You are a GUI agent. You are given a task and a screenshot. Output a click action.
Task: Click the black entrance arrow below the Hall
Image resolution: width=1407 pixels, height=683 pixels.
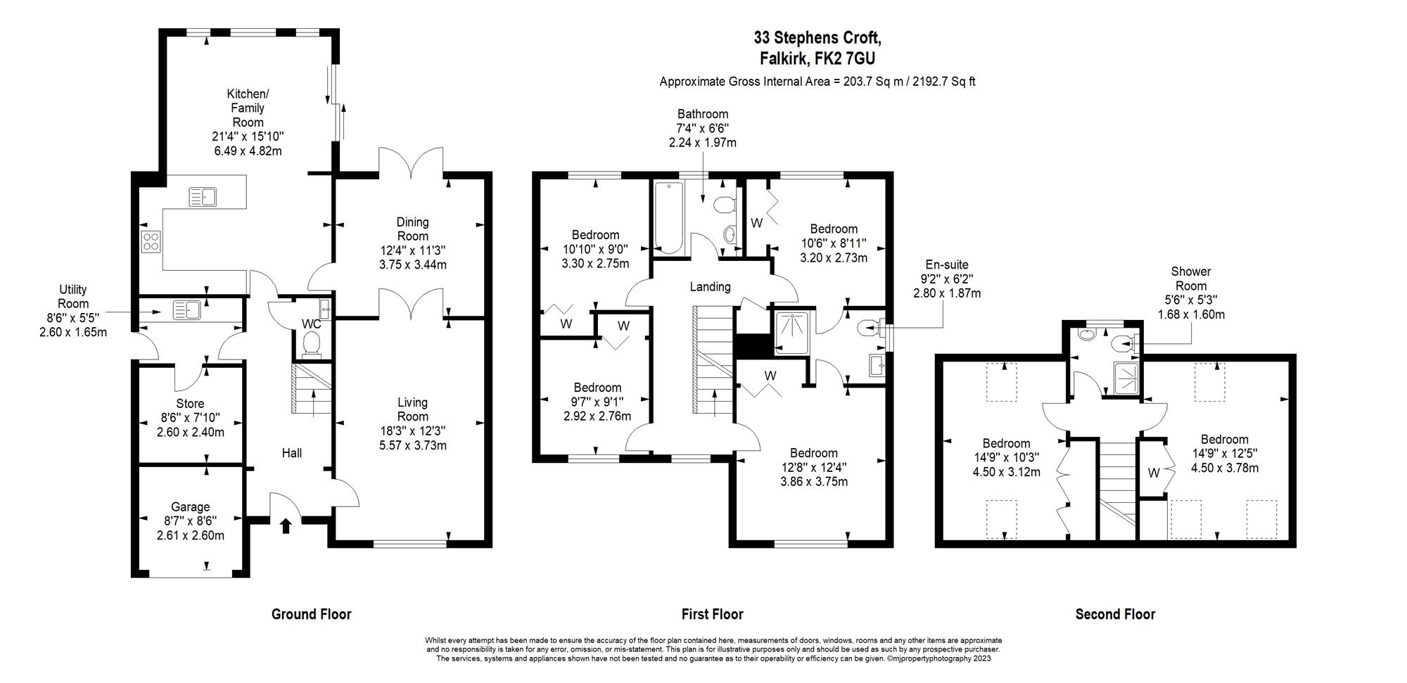point(286,525)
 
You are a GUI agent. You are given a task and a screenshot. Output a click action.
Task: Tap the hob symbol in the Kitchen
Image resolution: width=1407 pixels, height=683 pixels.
point(151,241)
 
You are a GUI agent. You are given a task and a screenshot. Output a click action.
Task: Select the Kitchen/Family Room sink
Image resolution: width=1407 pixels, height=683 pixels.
point(203,196)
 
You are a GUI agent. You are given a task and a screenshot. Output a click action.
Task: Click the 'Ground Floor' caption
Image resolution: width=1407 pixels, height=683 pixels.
point(311,614)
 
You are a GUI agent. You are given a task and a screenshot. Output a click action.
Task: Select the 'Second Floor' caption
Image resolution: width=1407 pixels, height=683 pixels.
point(1115,614)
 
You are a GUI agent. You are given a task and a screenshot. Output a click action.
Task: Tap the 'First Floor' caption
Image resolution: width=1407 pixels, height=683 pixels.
point(712,614)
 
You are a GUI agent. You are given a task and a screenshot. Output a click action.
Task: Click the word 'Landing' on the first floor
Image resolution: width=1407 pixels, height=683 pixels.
point(710,286)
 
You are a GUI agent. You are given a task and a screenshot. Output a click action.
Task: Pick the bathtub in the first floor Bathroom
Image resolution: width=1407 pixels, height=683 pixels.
point(668,217)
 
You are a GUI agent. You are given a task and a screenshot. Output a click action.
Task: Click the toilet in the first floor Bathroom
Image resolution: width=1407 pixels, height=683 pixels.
point(724,205)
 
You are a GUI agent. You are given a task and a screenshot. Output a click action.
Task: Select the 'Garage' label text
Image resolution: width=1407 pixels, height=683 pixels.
point(191,506)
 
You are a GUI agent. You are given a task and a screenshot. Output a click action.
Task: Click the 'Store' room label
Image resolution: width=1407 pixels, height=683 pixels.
point(190,404)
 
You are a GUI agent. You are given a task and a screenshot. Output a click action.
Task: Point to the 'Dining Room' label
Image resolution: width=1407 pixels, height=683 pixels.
point(412,229)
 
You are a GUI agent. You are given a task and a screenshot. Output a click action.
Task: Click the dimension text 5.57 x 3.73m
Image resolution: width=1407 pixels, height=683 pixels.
point(412,445)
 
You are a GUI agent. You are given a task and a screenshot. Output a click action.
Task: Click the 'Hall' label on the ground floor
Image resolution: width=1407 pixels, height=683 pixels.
point(292,453)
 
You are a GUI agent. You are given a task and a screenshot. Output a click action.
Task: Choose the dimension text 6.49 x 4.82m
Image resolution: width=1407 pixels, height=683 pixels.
point(248,151)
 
